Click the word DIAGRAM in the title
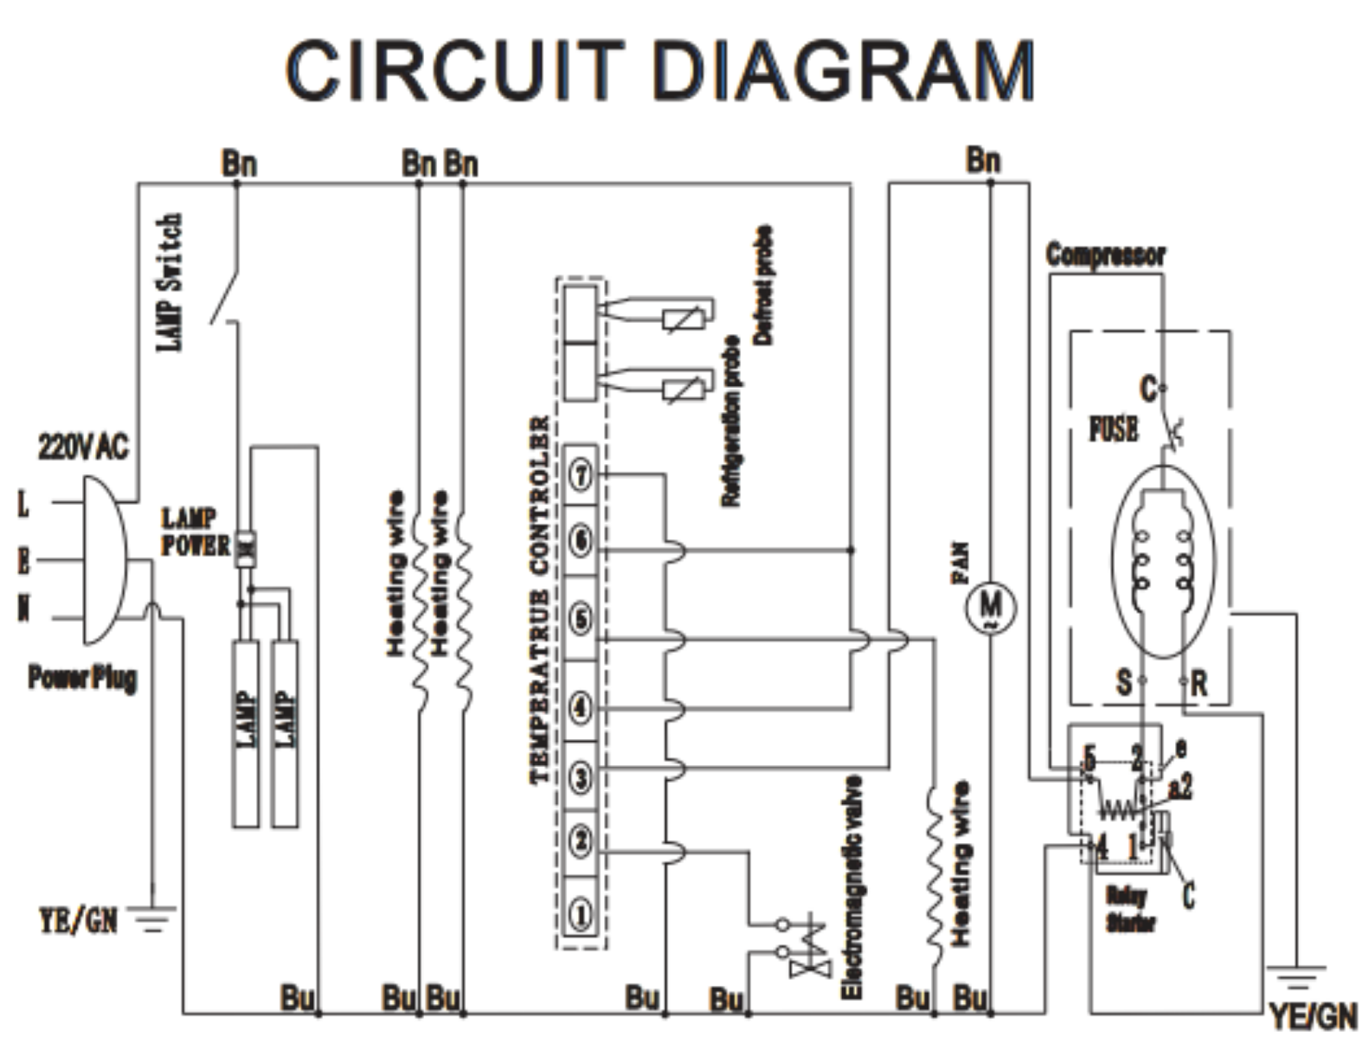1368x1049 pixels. (843, 70)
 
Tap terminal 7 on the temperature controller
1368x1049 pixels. (581, 474)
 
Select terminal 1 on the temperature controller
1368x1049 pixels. (581, 914)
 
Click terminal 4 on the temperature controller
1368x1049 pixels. (581, 708)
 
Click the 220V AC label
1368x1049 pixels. (83, 448)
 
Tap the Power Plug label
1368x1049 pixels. (82, 677)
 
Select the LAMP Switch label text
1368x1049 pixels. (170, 282)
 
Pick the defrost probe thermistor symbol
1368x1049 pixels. (683, 320)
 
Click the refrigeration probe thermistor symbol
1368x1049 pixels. (683, 389)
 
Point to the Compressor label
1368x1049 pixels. (1105, 255)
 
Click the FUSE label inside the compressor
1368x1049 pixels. (1114, 430)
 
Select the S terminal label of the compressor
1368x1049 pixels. (1124, 682)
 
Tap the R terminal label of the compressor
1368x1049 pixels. (1198, 684)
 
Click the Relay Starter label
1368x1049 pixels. (1129, 909)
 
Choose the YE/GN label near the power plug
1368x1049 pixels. (78, 920)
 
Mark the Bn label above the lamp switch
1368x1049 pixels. (239, 164)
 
